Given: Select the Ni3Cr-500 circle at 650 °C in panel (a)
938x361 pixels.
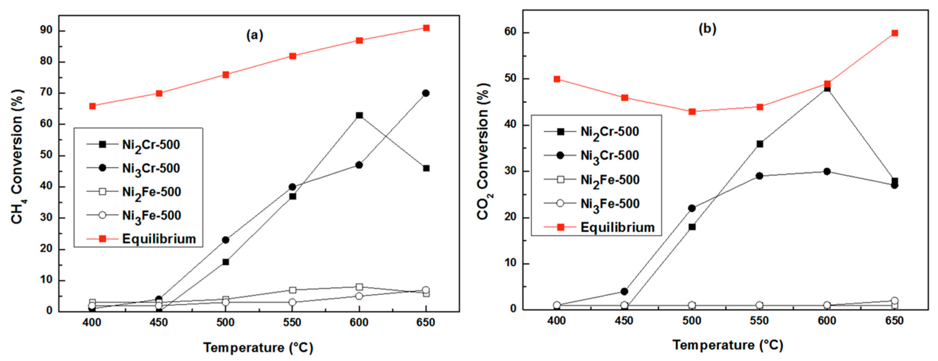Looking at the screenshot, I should pos(426,93).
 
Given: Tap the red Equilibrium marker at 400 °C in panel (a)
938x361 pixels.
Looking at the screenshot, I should pos(92,106).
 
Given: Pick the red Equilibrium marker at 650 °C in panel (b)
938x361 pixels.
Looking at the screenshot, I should pos(894,33).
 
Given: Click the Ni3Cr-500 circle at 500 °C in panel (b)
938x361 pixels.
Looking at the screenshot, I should pos(692,208).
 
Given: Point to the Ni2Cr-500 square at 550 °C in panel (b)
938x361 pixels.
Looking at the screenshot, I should pos(759,144).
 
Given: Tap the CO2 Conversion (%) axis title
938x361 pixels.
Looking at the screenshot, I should pos(484,151).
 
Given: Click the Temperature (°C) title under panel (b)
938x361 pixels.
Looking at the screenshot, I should pos(727,345).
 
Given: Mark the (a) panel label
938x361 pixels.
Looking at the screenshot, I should pos(255,35).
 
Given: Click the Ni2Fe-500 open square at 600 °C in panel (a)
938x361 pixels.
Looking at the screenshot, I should pos(359,287).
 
